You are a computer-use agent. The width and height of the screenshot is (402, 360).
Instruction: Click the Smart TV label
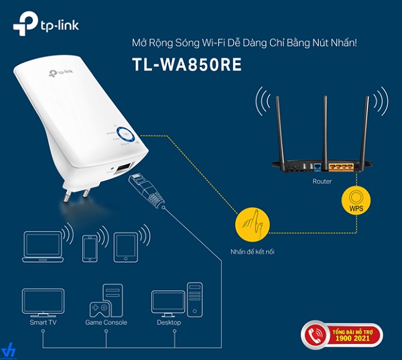click(42, 322)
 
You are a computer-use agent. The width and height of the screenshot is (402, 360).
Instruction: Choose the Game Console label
click(106, 322)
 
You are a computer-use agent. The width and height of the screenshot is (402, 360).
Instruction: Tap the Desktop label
click(168, 322)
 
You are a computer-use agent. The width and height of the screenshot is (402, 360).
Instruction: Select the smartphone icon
click(91, 249)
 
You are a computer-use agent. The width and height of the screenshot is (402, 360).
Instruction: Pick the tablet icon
click(126, 246)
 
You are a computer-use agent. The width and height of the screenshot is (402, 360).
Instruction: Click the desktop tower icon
click(194, 299)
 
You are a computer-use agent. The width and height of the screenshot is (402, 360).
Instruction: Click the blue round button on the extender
click(127, 135)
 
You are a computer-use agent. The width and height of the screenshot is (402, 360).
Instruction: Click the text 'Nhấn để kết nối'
click(252, 253)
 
